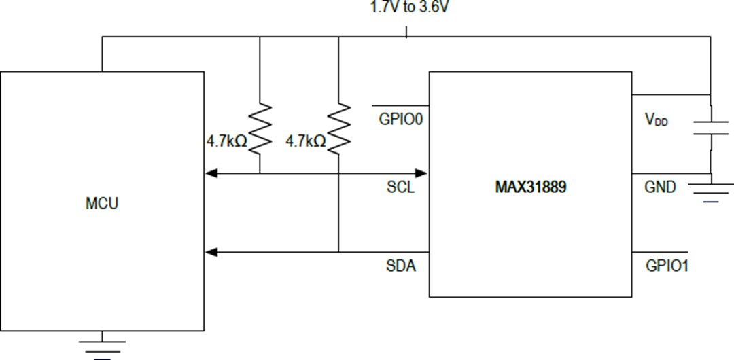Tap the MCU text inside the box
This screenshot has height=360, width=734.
point(101,203)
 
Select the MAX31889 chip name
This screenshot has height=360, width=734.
point(530,187)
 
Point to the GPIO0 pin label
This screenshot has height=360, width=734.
point(401,120)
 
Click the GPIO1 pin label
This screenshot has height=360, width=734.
point(667,266)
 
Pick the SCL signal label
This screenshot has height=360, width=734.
point(400,187)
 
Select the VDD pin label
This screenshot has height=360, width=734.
point(656,120)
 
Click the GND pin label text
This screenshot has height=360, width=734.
point(660,187)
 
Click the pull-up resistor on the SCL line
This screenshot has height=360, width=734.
point(260,126)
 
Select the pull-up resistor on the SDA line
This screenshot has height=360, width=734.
point(338,126)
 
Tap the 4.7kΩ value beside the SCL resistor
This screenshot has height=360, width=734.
point(227,141)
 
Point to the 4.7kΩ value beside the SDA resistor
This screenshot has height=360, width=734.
point(306,141)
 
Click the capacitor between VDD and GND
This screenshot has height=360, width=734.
point(710,128)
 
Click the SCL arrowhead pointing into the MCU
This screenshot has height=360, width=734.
point(211,174)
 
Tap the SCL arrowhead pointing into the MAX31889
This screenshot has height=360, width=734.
point(421,174)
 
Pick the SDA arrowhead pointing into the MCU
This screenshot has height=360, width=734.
point(211,253)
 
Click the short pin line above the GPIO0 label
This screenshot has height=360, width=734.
point(400,106)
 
